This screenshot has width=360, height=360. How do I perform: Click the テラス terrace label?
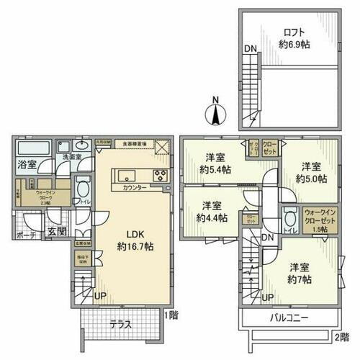tap(121, 324)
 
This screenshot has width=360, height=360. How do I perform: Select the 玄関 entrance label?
tap(57, 231)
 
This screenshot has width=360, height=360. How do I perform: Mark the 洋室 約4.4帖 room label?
tap(212, 211)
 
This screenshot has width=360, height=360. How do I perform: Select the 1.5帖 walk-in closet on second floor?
tap(319, 219)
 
